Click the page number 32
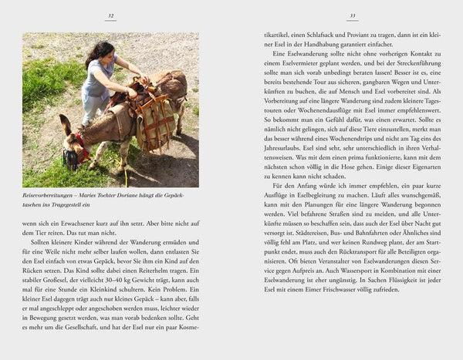111,15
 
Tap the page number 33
352,15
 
